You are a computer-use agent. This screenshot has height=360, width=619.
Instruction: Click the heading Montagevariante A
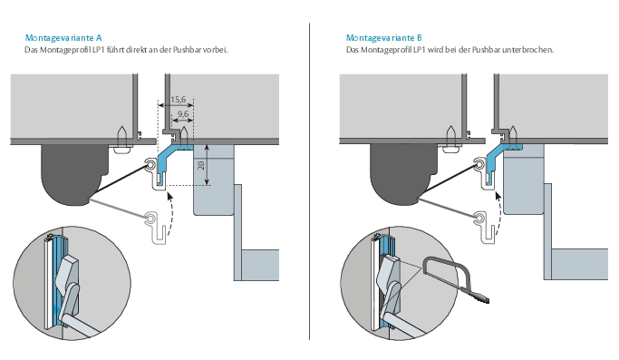coord(63,38)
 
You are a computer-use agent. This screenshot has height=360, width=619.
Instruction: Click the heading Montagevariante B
coord(384,38)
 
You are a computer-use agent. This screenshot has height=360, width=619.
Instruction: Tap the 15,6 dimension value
coord(178,100)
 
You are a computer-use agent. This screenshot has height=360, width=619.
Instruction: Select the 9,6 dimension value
coord(183,114)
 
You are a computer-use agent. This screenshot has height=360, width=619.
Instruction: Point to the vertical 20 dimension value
coord(201,165)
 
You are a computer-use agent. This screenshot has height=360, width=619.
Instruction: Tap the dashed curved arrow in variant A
coord(172,213)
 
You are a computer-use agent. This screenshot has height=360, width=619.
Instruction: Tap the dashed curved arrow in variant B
coord(500,213)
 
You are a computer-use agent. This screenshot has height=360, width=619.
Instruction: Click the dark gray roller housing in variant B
coord(402,170)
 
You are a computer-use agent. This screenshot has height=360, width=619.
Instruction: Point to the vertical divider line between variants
coord(310,181)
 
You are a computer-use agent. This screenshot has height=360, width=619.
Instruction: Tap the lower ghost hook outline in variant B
coord(486,228)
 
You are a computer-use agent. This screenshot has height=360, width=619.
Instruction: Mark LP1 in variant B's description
coord(420,50)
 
